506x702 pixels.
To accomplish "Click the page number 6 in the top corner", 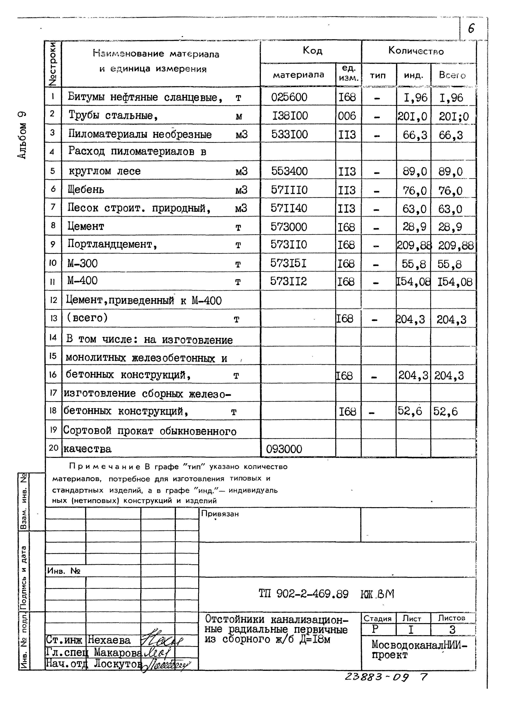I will click(x=471, y=29).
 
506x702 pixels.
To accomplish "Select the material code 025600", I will click(x=289, y=97).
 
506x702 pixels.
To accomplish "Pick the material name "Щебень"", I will click(x=86, y=189).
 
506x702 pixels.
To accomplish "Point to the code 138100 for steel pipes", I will click(x=290, y=116).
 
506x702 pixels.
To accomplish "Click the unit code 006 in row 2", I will click(x=347, y=116).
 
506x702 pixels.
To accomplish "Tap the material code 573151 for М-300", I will click(x=288, y=263).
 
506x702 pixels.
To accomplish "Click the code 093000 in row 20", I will click(x=284, y=449).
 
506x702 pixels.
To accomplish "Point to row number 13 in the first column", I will click(x=54, y=318).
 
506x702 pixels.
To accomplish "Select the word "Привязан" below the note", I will click(x=220, y=514).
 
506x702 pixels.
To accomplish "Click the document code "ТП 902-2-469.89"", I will click(x=303, y=594).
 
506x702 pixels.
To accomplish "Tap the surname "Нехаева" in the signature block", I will click(x=109, y=640).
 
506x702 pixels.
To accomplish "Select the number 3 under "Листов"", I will click(x=452, y=630).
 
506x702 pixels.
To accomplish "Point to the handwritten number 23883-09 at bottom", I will click(x=376, y=677).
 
